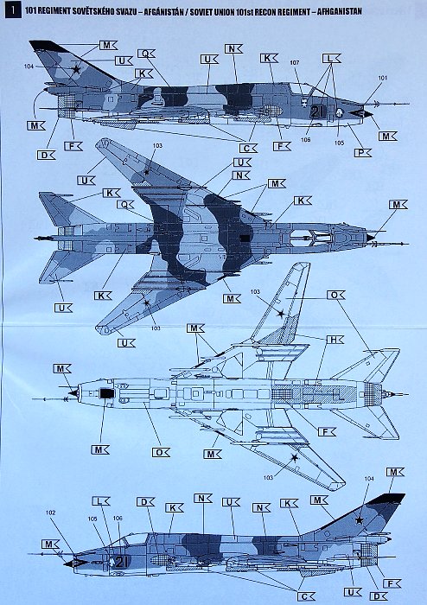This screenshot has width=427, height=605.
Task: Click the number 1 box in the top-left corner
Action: tap(13, 10)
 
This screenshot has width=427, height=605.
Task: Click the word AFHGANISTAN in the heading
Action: tap(339, 11)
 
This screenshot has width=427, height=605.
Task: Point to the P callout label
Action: tap(362, 153)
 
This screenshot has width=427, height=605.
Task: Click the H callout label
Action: tap(335, 340)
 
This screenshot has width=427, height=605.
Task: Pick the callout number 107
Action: tap(295, 62)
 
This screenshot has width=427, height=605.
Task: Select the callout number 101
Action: tap(382, 78)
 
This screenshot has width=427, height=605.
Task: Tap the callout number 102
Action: tap(50, 513)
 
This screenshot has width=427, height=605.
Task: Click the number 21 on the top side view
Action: tap(316, 111)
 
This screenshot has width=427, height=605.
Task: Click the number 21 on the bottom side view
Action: tap(120, 563)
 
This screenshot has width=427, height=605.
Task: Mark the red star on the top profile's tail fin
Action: tap(77, 69)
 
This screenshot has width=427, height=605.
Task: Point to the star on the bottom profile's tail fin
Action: tap(360, 520)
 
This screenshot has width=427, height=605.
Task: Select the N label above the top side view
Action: tap(233, 48)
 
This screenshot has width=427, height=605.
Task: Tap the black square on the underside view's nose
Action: tap(106, 393)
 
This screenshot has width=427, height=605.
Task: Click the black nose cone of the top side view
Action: tap(361, 113)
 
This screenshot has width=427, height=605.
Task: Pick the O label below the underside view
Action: tap(161, 452)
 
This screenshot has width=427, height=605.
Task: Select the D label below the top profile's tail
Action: tap(46, 156)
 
